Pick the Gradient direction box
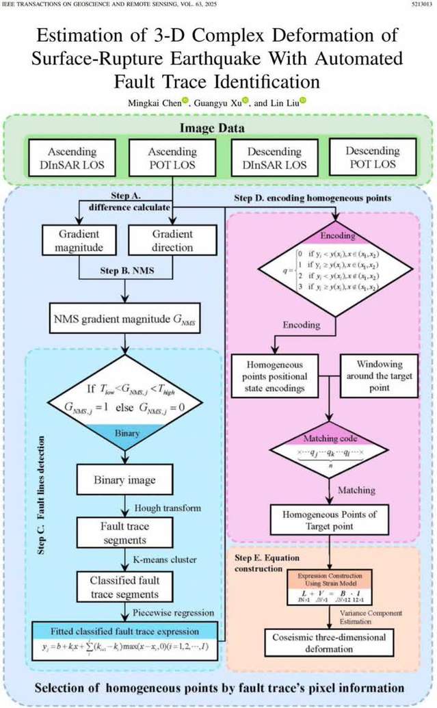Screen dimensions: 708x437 (x=171, y=240)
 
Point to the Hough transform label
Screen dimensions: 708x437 (x=161, y=507)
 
